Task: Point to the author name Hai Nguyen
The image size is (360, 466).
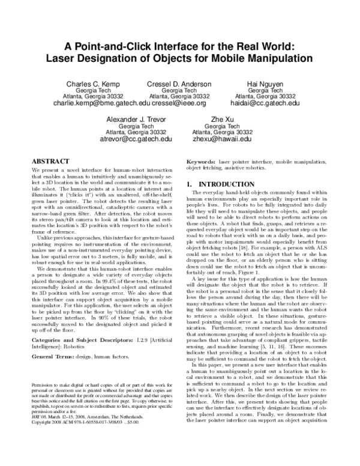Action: (x=265, y=83)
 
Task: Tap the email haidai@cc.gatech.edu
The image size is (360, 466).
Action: (x=264, y=103)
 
